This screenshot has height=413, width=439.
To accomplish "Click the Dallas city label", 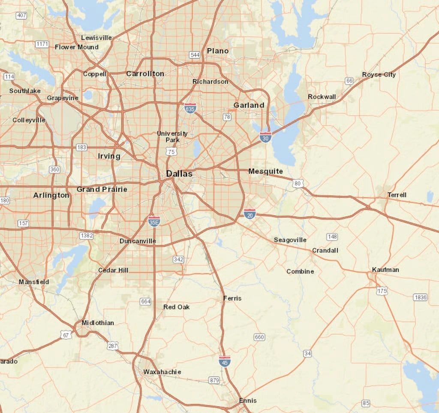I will pos(179,174).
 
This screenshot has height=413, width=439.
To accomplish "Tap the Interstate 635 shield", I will pos(190,108).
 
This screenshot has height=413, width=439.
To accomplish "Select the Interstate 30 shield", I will pos(265,137).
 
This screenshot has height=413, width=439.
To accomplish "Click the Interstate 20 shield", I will pos(250,213).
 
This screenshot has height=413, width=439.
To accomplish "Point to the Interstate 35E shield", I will pos(154,221).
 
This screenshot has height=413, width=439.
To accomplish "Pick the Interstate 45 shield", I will pos(224,361).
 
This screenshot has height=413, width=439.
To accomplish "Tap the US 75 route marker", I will pos(171,152).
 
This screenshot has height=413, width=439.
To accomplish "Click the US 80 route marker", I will pos(298,184).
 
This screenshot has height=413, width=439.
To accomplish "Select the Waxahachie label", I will pos(162,372).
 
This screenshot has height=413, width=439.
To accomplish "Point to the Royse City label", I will pos(379,75).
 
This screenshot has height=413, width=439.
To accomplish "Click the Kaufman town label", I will pos(385,270).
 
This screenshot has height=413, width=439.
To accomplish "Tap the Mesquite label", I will pos(265,171).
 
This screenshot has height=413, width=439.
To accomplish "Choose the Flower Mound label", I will pos(77,47).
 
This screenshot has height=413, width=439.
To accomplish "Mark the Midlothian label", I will pos(98,322).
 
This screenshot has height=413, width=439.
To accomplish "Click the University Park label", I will pos(172,137).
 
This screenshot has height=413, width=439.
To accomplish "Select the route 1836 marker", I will pos(420,298).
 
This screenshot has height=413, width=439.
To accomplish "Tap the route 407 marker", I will pos(21,15).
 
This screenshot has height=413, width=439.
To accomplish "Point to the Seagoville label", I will pos(290,240).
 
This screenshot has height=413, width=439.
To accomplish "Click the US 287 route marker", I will pos(113,346).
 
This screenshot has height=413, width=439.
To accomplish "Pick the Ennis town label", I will pos(248,401).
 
